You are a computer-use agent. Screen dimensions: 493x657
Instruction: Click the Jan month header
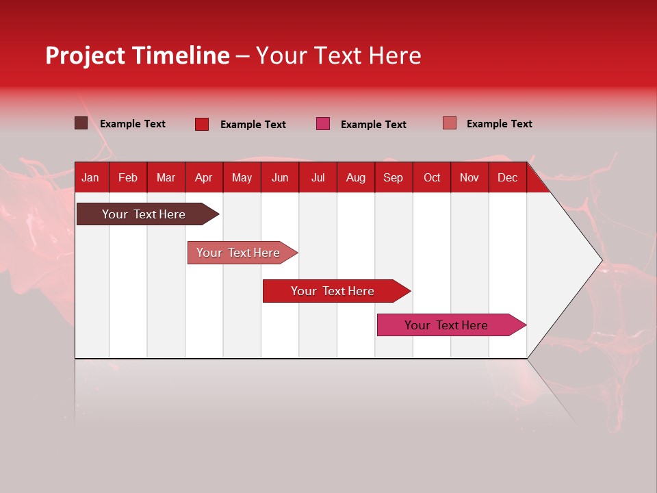pos(90,177)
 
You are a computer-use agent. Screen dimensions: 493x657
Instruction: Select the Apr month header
pos(204,177)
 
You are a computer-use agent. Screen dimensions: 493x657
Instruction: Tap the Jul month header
pos(318,177)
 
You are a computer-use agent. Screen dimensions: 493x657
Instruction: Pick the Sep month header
pos(393,177)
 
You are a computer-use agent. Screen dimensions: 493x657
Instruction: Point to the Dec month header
pos(507,177)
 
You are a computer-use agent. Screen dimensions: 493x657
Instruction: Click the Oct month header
pos(432,177)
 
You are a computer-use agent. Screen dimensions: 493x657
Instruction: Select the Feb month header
pos(128,177)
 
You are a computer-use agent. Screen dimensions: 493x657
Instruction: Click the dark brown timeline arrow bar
pos(144,214)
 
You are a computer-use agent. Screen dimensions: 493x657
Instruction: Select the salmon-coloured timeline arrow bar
pos(238,253)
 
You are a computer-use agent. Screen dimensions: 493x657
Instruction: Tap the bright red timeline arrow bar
pos(333,291)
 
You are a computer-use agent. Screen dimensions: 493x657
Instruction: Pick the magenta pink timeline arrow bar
pos(446,325)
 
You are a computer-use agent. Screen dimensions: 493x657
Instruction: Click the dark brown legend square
pos(81,123)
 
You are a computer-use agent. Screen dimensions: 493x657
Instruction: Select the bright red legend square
pos(201,124)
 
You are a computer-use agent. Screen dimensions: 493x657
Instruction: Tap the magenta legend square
pos(323,124)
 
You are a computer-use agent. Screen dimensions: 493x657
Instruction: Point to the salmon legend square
pos(450,123)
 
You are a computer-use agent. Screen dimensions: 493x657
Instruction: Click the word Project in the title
pos(85,55)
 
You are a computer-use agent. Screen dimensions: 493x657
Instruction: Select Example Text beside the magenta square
pos(374,125)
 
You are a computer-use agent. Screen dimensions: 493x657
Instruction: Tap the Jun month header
pos(280,177)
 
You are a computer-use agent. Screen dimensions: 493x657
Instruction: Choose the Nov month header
pos(469,177)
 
